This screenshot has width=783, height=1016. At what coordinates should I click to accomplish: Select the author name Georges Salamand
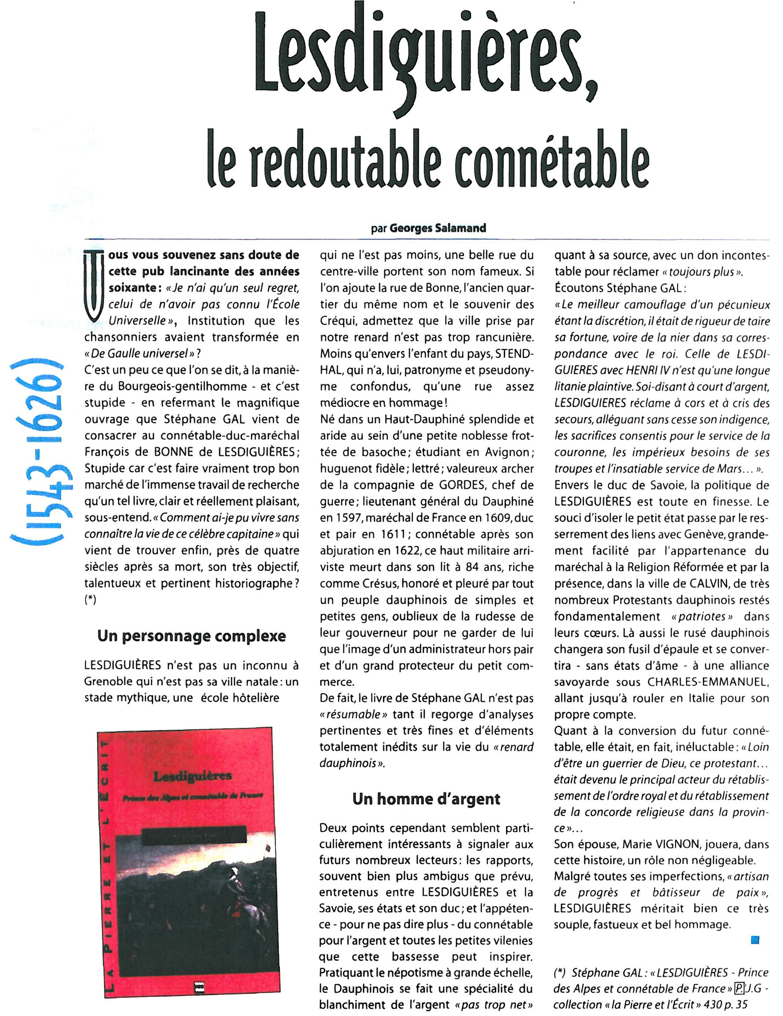(x=438, y=228)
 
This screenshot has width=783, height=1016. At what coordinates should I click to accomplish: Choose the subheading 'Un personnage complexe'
(x=192, y=636)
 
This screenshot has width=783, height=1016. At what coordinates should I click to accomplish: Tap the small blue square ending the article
(x=755, y=940)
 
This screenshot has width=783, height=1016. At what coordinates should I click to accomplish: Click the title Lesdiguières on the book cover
(x=192, y=776)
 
